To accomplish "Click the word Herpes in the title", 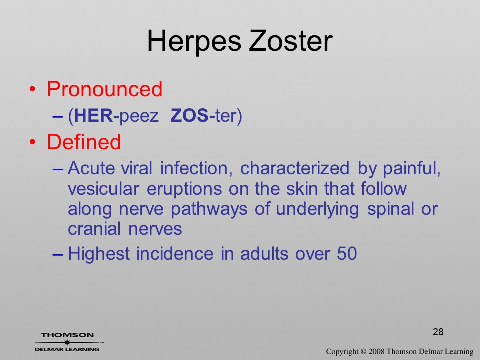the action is [194, 41].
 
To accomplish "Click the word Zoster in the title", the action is [291, 41].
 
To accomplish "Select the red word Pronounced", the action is [104, 89].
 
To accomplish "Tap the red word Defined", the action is [84, 142].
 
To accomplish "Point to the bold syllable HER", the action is [93, 115].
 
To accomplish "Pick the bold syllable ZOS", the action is [190, 115].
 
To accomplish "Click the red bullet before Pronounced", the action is [32, 89].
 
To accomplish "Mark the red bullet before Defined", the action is [32, 142].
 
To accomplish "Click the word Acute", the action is [91, 168].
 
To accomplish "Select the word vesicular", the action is [104, 188].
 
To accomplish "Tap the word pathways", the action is [209, 209].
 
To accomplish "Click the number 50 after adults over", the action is [347, 254].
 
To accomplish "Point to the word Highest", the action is [99, 254].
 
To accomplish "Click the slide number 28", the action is [438, 332].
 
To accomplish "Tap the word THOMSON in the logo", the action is [67, 335].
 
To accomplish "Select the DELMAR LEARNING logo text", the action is [67, 349].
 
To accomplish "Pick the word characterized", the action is [295, 168].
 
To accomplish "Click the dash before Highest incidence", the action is [58, 254].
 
